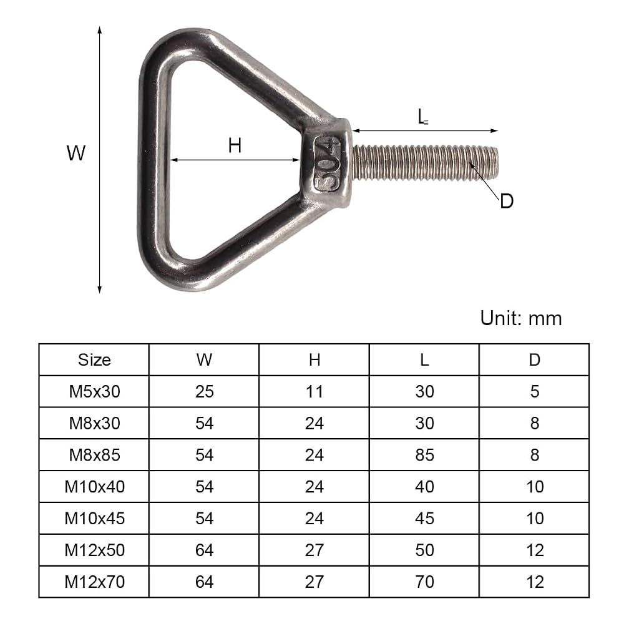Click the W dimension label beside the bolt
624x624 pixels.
point(76,153)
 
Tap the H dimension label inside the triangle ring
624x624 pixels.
point(235,145)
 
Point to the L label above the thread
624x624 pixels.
point(422,117)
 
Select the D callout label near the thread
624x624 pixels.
point(507,202)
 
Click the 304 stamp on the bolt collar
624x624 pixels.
point(328,163)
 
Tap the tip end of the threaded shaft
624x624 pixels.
point(497,163)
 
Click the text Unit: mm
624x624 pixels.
point(521,318)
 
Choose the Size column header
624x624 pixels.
point(94,360)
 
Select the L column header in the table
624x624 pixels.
point(424,360)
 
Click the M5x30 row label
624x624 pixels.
point(94,392)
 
